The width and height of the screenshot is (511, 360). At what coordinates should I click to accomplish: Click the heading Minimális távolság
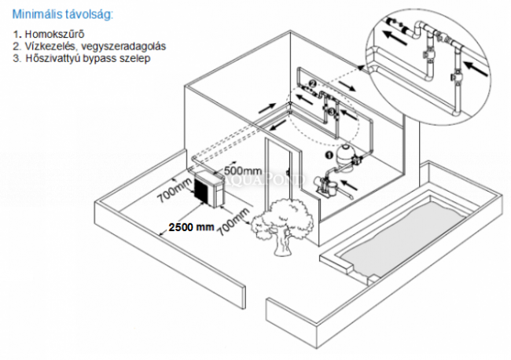pos(62,15)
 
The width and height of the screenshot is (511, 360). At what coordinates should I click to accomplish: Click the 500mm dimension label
pos(244,171)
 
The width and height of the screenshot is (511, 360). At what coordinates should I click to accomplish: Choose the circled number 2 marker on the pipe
pos(311,83)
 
